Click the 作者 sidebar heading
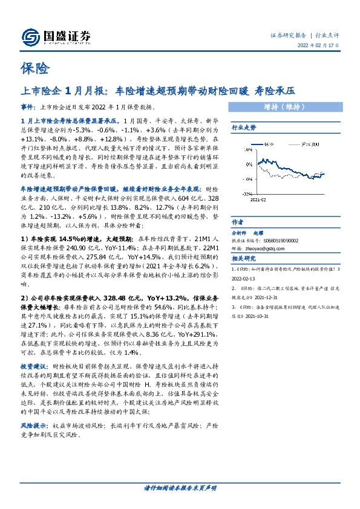point(237,221)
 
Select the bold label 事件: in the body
point(28,105)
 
